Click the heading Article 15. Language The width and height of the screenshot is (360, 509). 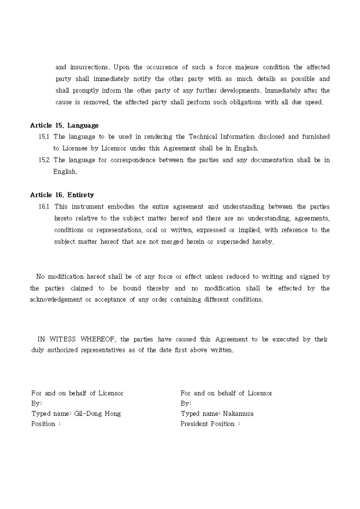pos(64,125)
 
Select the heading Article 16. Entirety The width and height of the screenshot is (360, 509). pos(62,195)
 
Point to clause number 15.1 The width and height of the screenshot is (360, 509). pos(44,137)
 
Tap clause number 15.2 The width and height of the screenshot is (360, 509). pos(44,160)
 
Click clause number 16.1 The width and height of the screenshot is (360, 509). pos(44,206)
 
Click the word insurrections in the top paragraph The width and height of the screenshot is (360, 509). pos(88,67)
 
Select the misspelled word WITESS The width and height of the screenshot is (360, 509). pos(62,339)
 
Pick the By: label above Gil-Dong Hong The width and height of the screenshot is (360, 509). pos(37,403)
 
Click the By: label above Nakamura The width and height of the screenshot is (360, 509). pos(186,403)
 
